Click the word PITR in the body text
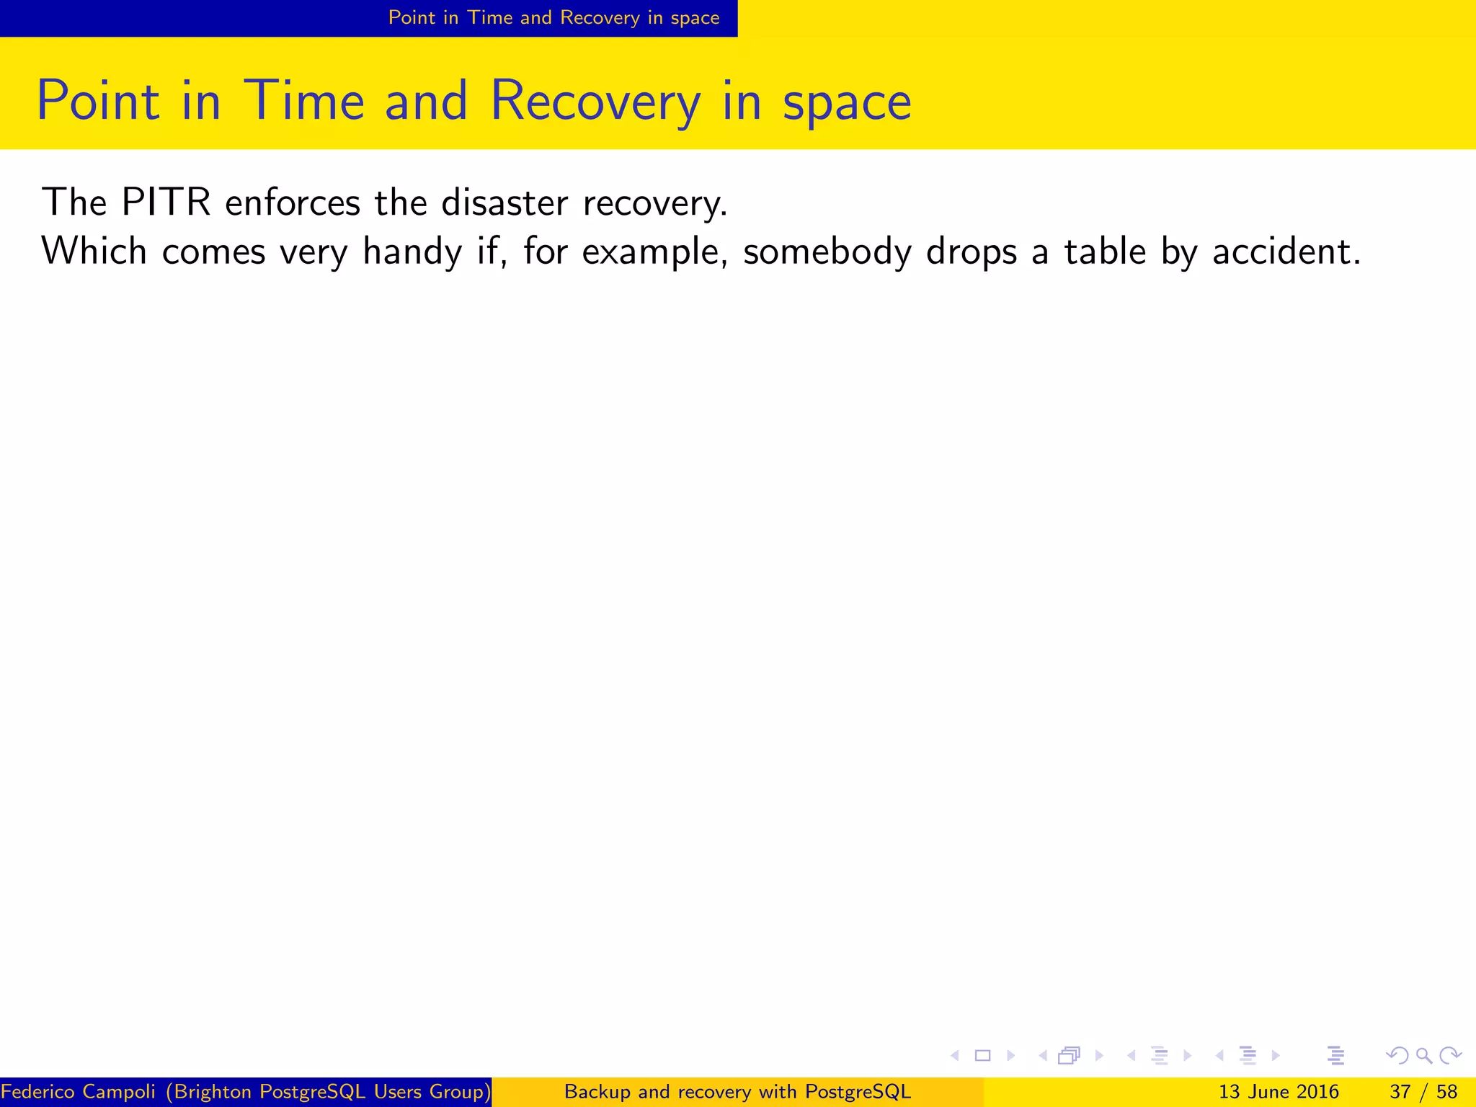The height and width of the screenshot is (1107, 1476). [166, 203]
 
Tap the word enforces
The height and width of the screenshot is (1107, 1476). [293, 203]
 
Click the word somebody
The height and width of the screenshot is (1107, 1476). [827, 252]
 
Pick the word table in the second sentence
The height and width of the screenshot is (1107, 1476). [1105, 252]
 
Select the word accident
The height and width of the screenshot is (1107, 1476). [1286, 252]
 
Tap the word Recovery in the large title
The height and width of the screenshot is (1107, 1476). [595, 102]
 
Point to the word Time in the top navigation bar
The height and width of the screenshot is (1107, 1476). [490, 18]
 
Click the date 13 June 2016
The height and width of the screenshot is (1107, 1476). [1279, 1092]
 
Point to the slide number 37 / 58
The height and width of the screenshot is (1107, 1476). [1423, 1092]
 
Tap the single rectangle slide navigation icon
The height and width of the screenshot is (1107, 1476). [982, 1056]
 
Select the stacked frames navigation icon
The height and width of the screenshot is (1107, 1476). [1069, 1056]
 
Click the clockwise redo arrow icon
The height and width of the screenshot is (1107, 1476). [1450, 1056]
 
